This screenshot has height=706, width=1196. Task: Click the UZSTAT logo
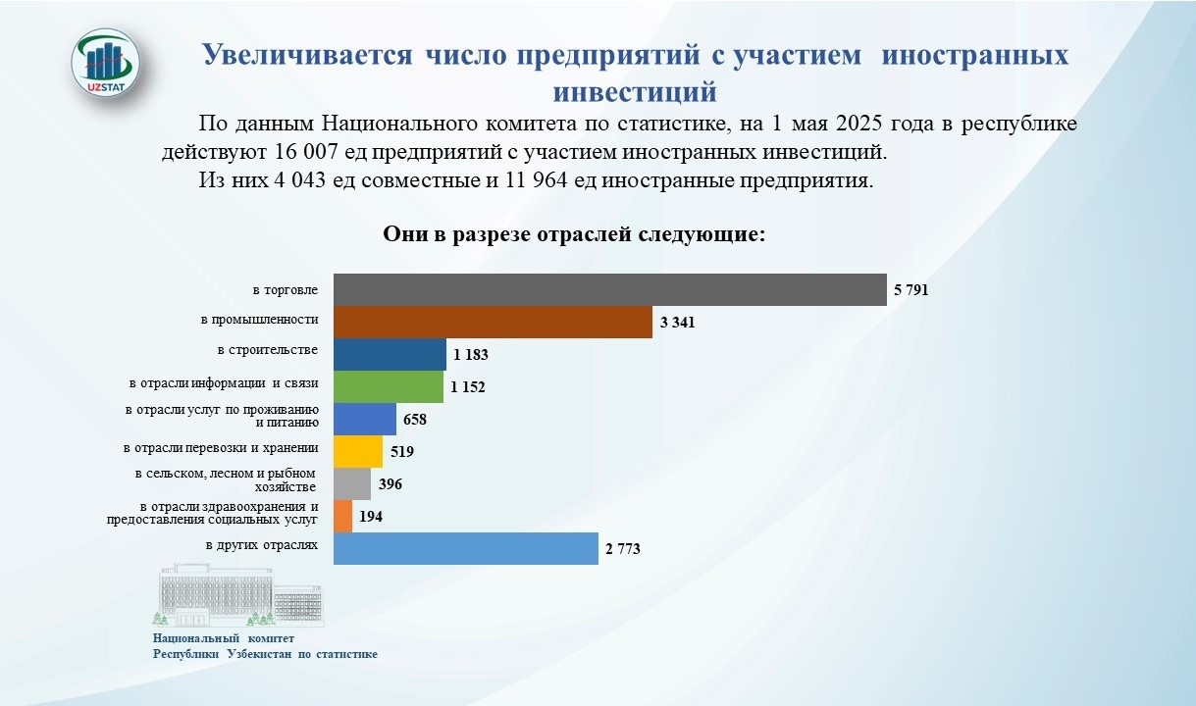pyautogui.click(x=106, y=64)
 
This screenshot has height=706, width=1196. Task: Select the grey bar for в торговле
pyautogui.click(x=609, y=290)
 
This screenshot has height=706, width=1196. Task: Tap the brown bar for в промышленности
pyautogui.click(x=493, y=322)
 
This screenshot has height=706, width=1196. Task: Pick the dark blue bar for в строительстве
pyautogui.click(x=390, y=354)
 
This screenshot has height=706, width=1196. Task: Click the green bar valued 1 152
pyautogui.click(x=389, y=387)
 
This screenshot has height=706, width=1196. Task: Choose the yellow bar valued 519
pyautogui.click(x=358, y=451)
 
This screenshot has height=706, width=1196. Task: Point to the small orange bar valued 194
pyautogui.click(x=342, y=516)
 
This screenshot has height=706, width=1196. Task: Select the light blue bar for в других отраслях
pyautogui.click(x=466, y=548)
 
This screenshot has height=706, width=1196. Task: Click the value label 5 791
pyautogui.click(x=910, y=290)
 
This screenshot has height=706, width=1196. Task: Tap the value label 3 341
pyautogui.click(x=678, y=323)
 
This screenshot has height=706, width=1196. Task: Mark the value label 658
pyautogui.click(x=415, y=420)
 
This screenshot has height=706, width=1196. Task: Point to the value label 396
pyautogui.click(x=390, y=484)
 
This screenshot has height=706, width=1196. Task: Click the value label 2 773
pyautogui.click(x=623, y=548)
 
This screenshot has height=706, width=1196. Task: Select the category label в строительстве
pyautogui.click(x=268, y=350)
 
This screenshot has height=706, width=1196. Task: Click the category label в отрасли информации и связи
pyautogui.click(x=224, y=383)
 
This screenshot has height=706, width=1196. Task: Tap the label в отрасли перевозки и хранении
pyautogui.click(x=221, y=448)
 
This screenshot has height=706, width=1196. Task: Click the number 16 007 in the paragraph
pyautogui.click(x=306, y=152)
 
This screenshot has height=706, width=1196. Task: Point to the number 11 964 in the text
pyautogui.click(x=536, y=180)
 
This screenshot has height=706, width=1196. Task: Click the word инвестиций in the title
pyautogui.click(x=635, y=91)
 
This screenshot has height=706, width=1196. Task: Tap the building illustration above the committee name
pyautogui.click(x=238, y=594)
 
